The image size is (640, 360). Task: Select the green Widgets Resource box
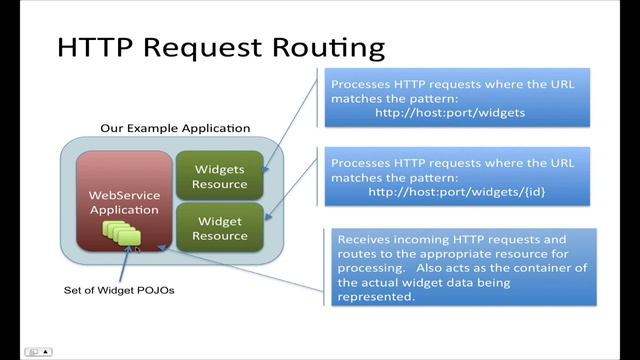coord(220,177)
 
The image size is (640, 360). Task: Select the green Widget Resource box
coord(220,228)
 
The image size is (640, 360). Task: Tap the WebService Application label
coord(124,202)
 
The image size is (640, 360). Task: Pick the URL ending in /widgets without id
coord(450,112)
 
